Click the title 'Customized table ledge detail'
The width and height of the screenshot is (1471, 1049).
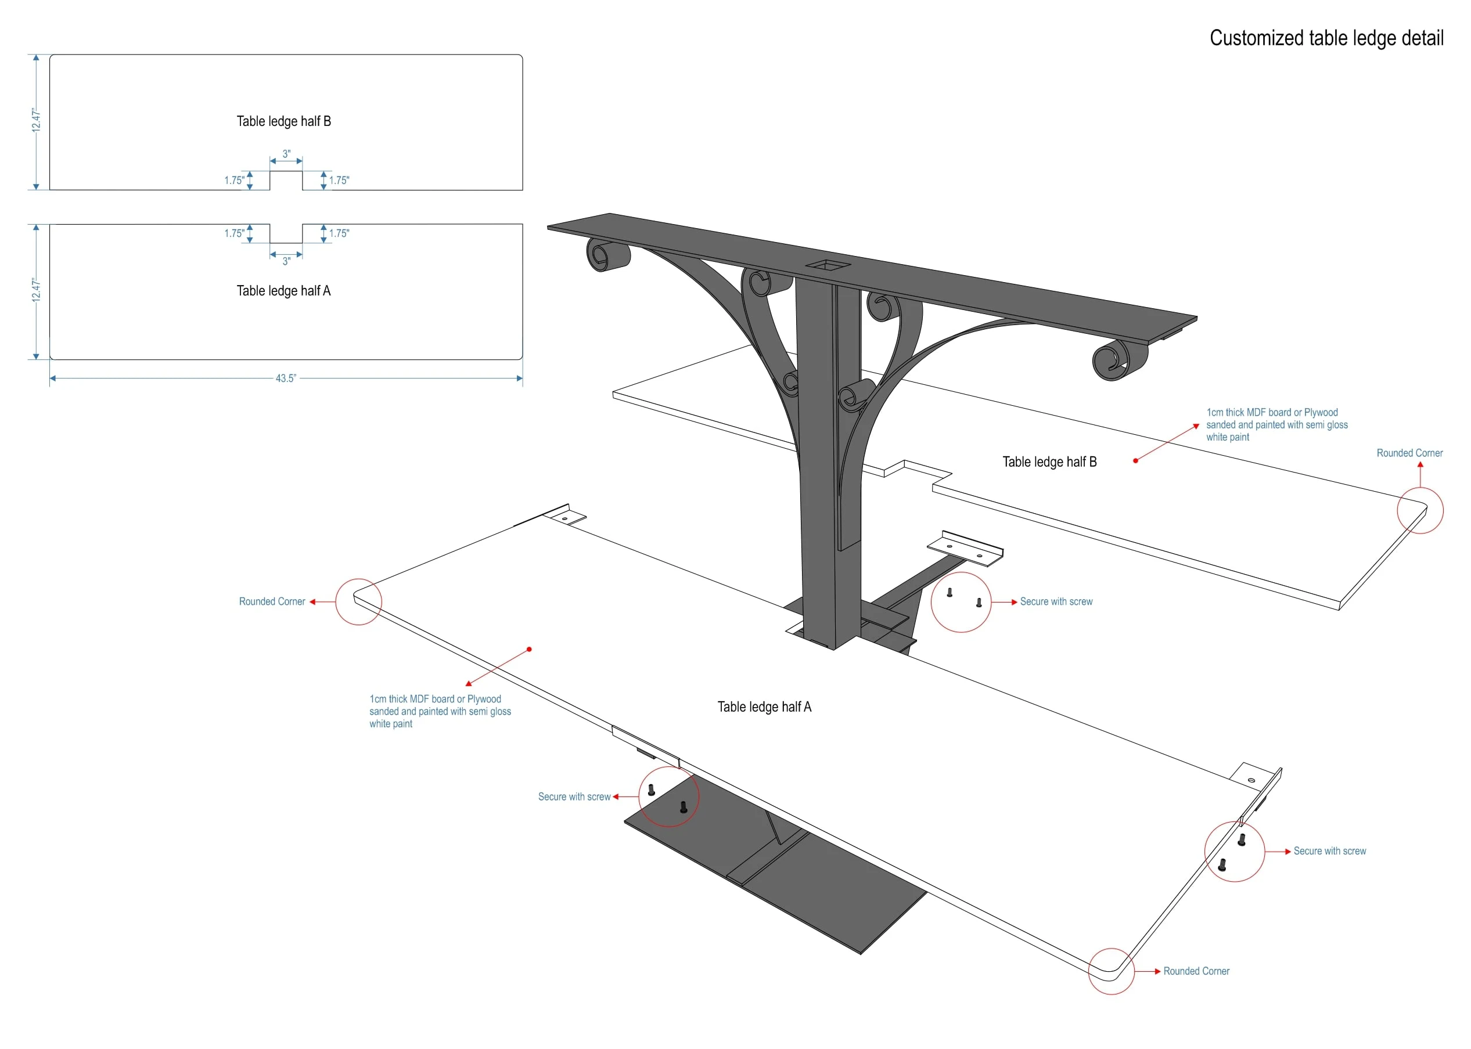1326,38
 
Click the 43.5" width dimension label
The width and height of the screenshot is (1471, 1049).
285,378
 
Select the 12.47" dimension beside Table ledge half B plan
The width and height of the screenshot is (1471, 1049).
36,121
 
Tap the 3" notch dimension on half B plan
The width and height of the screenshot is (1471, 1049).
286,154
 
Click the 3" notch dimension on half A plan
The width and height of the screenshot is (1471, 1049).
286,261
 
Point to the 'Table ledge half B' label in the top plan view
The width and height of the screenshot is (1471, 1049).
283,121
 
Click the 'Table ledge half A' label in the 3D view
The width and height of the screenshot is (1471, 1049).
764,706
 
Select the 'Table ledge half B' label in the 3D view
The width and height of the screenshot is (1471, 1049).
1049,462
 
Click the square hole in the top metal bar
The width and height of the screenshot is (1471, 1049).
828,265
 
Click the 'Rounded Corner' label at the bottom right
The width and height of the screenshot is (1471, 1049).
1196,971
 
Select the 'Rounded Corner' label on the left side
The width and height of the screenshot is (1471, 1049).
272,601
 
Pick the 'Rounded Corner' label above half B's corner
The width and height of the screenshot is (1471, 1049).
1409,453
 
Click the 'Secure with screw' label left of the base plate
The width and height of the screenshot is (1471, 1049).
574,796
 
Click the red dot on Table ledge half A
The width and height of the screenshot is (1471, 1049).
529,649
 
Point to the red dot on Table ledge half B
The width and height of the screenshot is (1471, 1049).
1135,460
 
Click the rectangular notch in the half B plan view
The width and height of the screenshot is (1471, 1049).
286,181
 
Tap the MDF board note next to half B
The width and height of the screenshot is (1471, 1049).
1276,424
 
